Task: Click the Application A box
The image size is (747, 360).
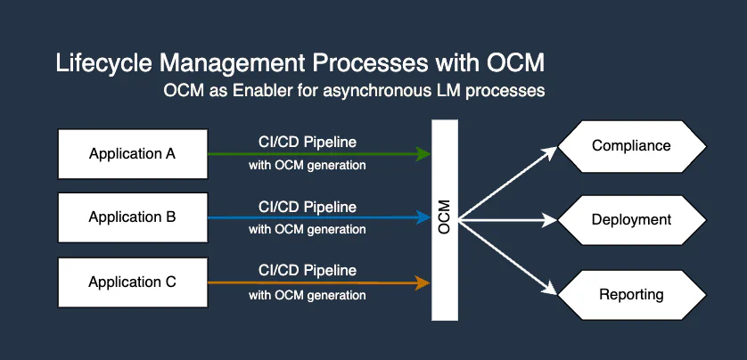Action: [132, 153]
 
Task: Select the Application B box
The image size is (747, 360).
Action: [132, 217]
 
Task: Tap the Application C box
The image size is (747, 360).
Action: [132, 282]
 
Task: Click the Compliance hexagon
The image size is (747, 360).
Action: [631, 145]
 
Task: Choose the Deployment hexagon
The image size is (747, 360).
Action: [631, 219]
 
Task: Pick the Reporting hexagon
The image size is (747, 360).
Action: [631, 294]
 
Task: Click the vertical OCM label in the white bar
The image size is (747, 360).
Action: [444, 218]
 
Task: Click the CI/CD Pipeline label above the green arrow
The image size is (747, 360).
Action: [307, 143]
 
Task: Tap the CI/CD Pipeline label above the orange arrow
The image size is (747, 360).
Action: [307, 271]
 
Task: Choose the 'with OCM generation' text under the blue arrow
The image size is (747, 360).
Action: [307, 230]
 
